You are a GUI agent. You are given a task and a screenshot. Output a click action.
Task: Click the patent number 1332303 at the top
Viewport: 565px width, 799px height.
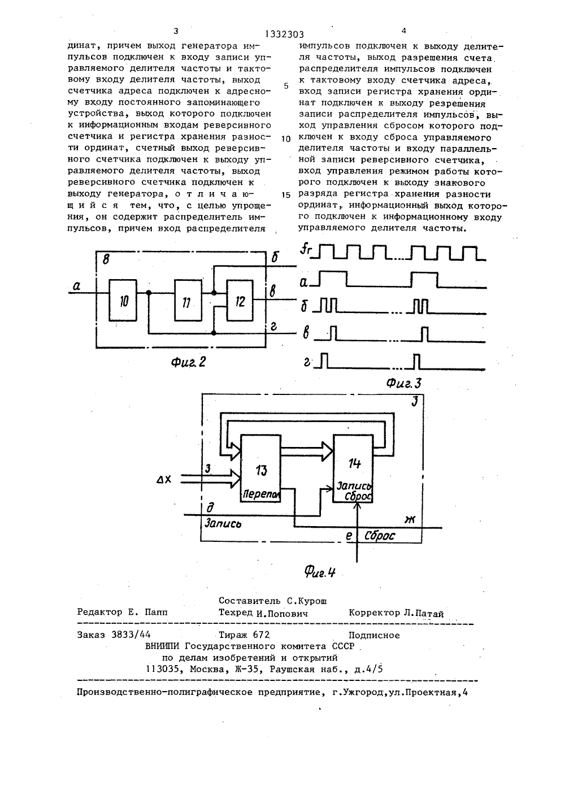click(x=285, y=34)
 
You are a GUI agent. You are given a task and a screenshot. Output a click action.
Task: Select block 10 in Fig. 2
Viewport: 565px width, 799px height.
click(x=123, y=301)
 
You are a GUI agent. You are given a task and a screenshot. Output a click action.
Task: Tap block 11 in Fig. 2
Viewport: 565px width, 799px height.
click(x=188, y=301)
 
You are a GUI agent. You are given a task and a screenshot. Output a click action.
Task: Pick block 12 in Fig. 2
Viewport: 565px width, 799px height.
click(x=241, y=301)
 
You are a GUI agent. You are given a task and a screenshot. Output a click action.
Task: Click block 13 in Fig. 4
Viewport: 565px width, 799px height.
click(x=260, y=468)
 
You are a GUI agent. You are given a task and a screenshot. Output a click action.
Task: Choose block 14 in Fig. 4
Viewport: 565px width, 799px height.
click(x=353, y=468)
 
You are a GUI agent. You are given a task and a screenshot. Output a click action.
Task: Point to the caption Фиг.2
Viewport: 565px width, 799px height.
click(x=188, y=362)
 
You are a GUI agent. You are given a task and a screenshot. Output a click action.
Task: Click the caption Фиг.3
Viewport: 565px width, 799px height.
click(x=404, y=384)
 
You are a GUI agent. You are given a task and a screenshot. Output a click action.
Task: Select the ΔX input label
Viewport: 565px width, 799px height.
click(x=164, y=480)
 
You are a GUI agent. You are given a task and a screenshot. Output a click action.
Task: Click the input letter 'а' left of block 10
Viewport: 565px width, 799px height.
click(x=76, y=285)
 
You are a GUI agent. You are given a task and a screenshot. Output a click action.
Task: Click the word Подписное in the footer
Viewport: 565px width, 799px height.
click(x=374, y=635)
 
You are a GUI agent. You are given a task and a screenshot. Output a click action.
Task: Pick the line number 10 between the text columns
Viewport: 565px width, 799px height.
click(x=286, y=139)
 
